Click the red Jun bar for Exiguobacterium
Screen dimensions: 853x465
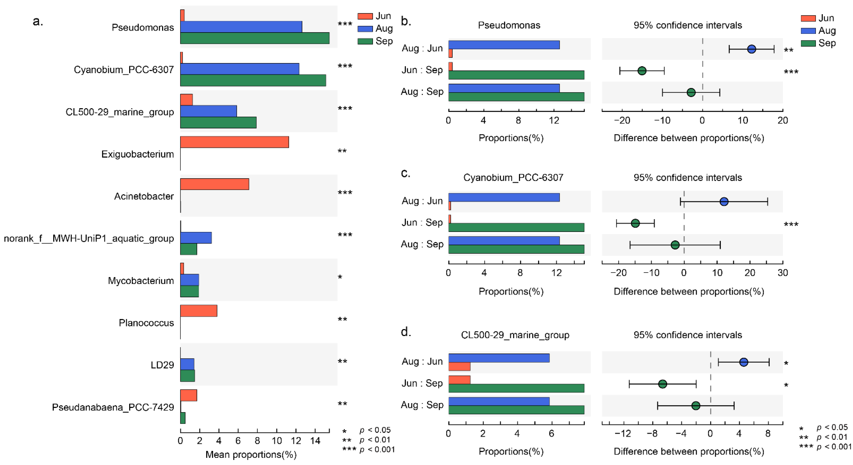pos(234,142)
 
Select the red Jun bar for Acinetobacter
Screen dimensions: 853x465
pos(215,184)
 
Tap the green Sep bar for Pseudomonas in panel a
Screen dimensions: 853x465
pos(255,38)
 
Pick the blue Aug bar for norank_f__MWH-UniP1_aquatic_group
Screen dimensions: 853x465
pos(196,238)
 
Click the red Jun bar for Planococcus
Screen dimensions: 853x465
pos(199,311)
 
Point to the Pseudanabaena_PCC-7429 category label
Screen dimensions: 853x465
pos(113,407)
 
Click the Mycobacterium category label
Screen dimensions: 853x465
pos(141,281)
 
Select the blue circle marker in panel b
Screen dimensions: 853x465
pos(752,49)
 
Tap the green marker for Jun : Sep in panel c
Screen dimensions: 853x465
pos(635,223)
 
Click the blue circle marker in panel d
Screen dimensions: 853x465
pos(744,362)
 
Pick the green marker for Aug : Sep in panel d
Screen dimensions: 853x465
pos(696,405)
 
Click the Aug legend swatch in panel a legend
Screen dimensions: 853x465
pos(365,29)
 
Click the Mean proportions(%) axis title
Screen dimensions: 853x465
pos(251,454)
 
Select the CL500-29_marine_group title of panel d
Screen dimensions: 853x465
pos(515,335)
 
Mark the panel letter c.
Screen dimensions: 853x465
pos(406,173)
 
